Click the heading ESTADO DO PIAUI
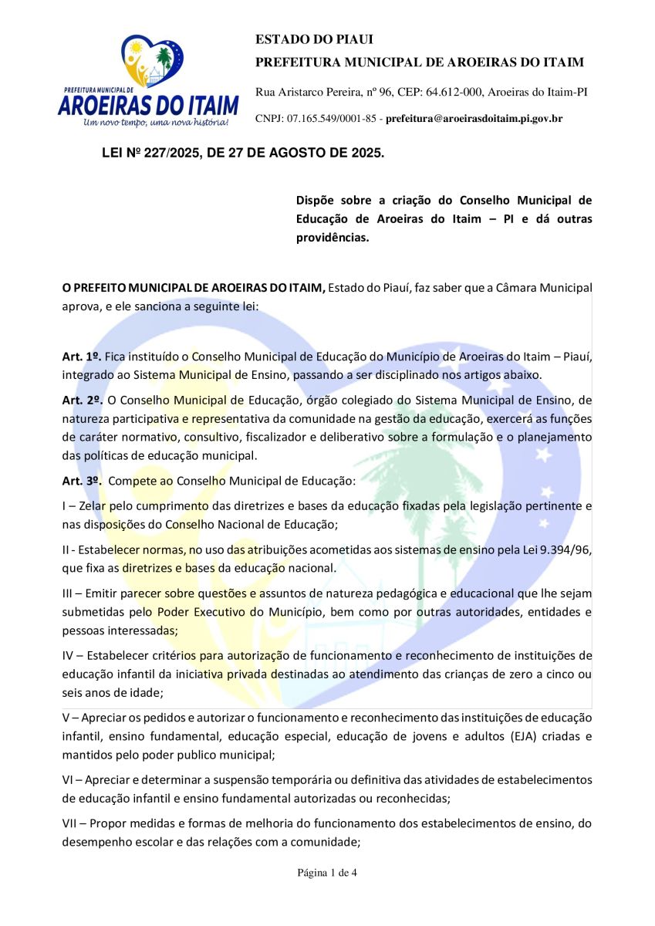pos(303,40)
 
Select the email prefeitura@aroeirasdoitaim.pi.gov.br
pos(474,119)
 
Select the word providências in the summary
pos(333,237)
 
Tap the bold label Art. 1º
pos(81,357)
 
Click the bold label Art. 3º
pos(81,481)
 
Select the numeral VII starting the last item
pos(70,823)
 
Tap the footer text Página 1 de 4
pos(327,873)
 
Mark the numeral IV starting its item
pos(69,656)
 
